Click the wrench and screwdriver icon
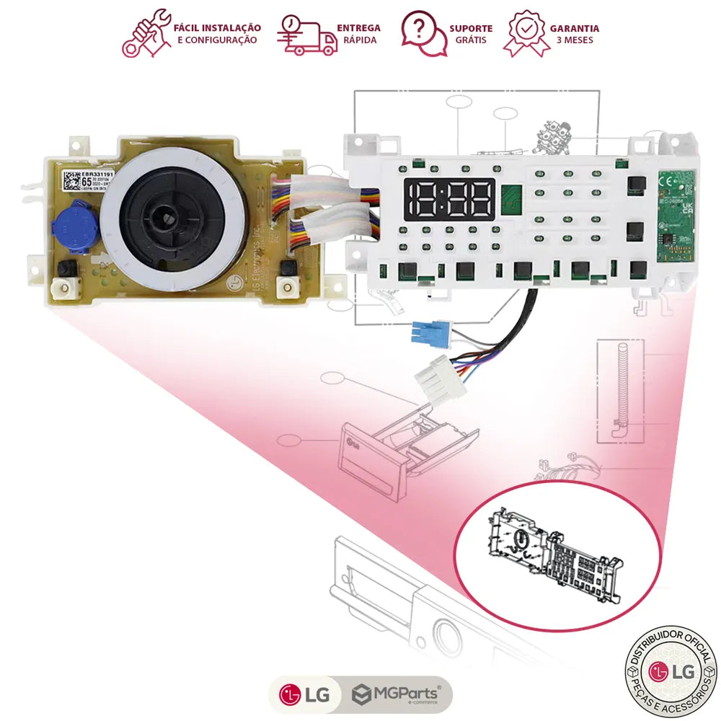tap(146, 33)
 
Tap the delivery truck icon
tap(307, 34)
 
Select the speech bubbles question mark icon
tap(424, 33)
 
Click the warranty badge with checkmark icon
tap(527, 33)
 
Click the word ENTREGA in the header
tap(358, 28)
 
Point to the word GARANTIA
tap(574, 28)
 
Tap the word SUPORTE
tap(471, 28)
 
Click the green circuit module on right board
tap(676, 215)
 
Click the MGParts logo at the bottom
tap(397, 695)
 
